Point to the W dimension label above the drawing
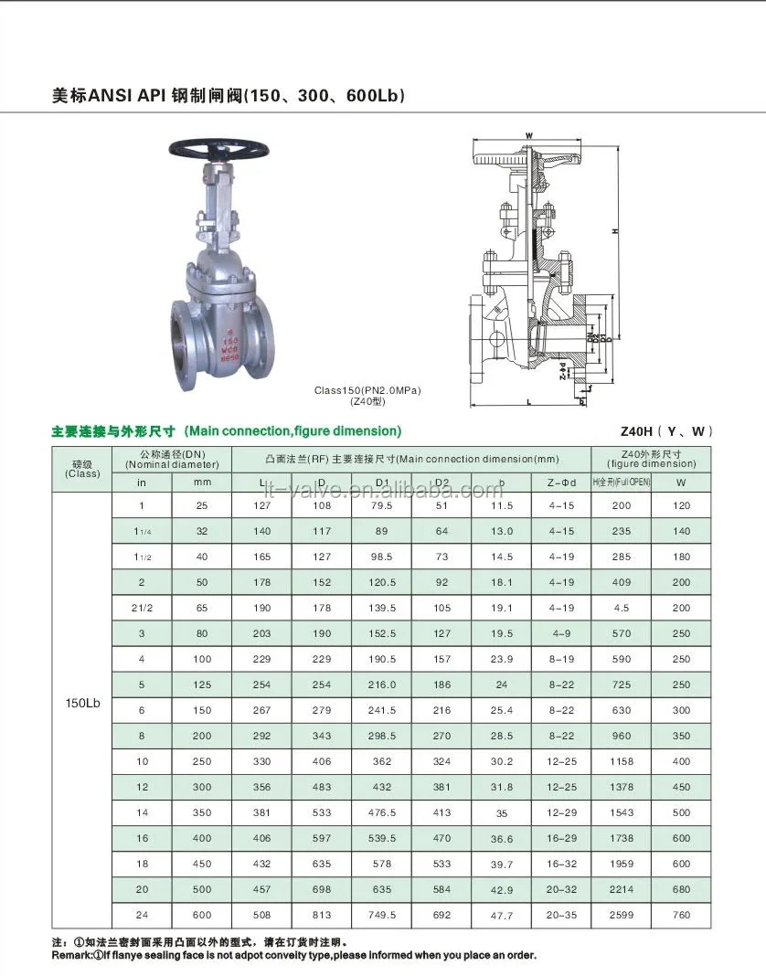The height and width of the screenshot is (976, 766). (528, 136)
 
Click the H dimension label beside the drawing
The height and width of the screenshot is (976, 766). (615, 231)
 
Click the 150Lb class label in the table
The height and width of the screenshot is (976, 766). (82, 704)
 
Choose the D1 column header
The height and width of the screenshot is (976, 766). (382, 482)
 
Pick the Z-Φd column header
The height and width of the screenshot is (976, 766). (561, 482)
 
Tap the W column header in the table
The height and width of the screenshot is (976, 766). (681, 482)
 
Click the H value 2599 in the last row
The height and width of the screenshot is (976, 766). (621, 915)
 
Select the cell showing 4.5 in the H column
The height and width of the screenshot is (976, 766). (621, 608)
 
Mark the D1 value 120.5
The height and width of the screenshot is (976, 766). (382, 582)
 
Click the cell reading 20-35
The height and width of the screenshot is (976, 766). (561, 915)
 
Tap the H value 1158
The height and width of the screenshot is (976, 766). (621, 761)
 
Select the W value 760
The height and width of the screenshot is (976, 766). (681, 915)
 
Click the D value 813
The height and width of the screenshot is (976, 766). (322, 915)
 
